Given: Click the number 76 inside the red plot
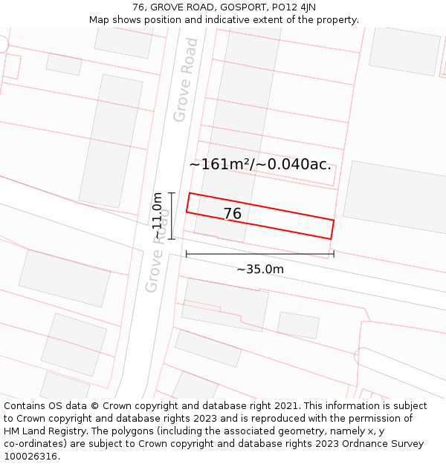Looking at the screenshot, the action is click(x=232, y=214).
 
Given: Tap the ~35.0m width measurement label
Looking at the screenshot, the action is click(x=260, y=269).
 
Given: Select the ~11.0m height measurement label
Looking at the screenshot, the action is click(x=158, y=215).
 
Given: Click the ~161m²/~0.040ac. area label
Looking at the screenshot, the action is click(x=260, y=164).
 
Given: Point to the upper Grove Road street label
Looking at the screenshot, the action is click(x=186, y=79).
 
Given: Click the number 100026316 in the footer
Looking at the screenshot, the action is click(x=32, y=457).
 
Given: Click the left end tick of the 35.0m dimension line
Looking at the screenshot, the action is click(x=187, y=254).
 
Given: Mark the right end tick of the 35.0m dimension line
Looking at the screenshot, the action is click(x=334, y=254).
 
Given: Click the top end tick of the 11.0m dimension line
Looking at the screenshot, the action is click(x=172, y=193).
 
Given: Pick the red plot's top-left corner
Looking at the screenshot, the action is click(x=190, y=194).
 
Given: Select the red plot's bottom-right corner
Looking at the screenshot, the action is click(x=330, y=238).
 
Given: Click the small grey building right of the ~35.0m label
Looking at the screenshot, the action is click(x=298, y=324).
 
